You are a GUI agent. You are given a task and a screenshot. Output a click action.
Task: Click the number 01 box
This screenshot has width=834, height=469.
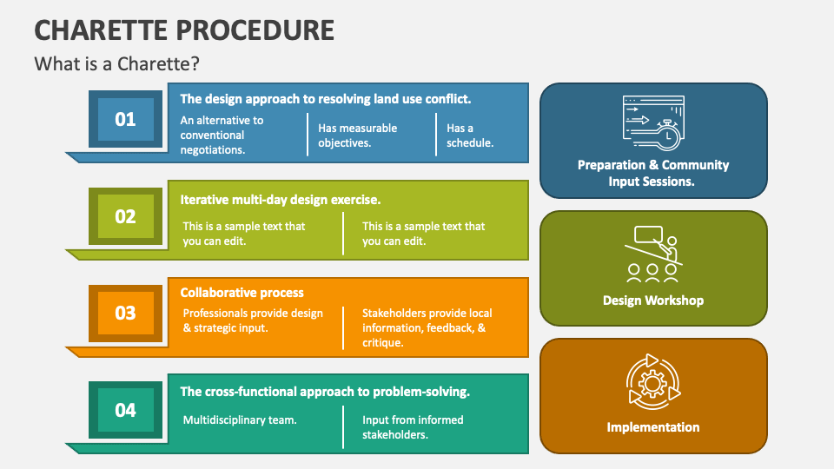point(125,119)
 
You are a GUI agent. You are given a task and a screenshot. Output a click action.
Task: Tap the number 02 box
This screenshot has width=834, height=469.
point(125,216)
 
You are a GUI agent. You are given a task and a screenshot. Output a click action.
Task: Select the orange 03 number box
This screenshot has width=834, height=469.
point(125,313)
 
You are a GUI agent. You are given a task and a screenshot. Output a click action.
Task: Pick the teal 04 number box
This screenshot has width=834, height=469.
point(125,409)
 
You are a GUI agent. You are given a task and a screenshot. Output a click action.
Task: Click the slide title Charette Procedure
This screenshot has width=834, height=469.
point(184,30)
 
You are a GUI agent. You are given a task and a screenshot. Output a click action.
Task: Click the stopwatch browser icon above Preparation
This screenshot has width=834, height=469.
point(653,122)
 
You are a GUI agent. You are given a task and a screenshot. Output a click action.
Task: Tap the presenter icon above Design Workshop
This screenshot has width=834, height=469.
point(653,254)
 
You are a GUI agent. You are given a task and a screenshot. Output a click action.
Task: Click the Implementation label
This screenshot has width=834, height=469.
point(653,427)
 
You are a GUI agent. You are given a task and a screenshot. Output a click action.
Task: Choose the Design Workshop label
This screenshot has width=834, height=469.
point(653,301)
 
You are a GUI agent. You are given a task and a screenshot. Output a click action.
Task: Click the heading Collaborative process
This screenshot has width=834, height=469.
point(242,293)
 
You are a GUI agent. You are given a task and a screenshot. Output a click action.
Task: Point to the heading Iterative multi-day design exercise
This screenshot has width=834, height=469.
point(280,199)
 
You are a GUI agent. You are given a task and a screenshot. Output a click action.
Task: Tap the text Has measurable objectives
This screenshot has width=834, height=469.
point(357,135)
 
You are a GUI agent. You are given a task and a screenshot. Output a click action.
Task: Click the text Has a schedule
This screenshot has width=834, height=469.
point(470,135)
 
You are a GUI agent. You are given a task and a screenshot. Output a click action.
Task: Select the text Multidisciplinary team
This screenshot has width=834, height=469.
point(240,419)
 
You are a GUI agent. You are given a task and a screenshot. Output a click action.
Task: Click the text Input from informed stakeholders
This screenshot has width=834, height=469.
point(413,427)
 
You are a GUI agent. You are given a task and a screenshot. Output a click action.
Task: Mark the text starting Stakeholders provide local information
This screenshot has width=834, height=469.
point(427,327)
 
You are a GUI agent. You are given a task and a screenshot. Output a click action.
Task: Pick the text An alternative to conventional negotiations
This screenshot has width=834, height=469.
point(222,135)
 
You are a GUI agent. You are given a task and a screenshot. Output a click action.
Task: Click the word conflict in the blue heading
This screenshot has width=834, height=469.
point(447,99)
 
